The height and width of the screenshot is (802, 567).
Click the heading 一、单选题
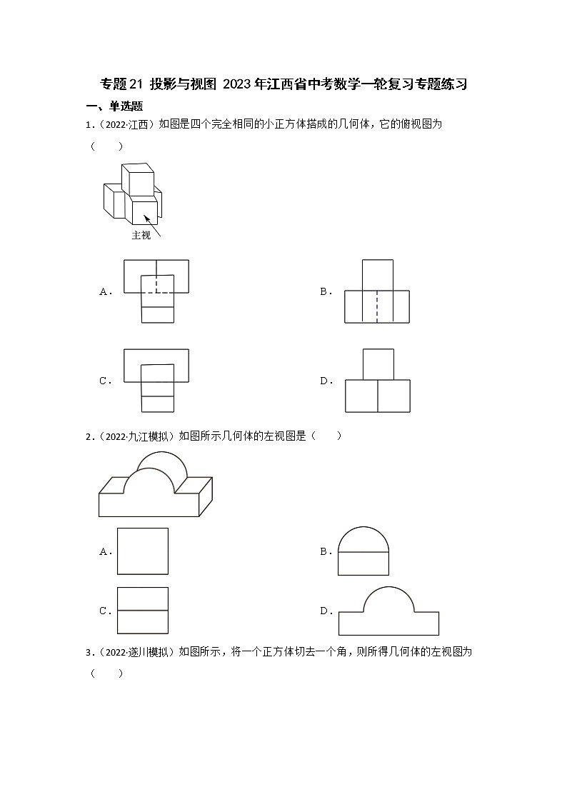click(x=114, y=106)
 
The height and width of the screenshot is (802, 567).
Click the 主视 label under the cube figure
click(x=141, y=236)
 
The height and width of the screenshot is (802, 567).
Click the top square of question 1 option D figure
click(x=378, y=364)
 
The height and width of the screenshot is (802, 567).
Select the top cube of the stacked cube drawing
click(x=137, y=179)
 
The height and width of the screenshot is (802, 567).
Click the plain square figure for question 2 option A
click(x=143, y=551)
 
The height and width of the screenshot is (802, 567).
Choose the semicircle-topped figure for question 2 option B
click(x=363, y=551)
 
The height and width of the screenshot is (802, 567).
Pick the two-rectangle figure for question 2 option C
click(x=143, y=611)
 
